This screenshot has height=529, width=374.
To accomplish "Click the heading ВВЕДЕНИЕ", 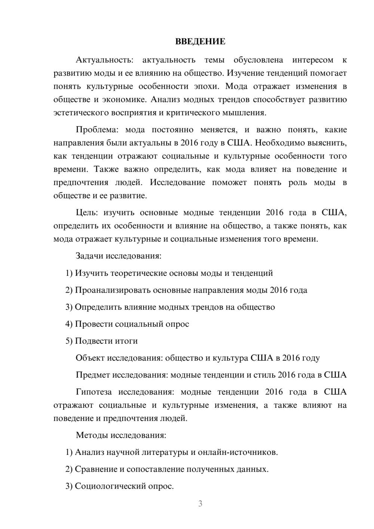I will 200,42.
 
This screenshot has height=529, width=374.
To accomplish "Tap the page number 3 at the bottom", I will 200,504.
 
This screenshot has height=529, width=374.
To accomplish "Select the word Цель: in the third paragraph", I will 87,212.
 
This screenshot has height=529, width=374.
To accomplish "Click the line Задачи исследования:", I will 118,256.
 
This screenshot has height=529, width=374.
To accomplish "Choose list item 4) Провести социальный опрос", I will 127,324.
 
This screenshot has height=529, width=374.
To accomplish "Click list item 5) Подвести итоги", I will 101,341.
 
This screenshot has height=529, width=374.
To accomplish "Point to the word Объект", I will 90,358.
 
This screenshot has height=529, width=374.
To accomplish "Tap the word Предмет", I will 93,375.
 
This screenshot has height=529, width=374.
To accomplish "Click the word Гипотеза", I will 93,392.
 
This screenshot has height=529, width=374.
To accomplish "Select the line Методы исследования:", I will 121,435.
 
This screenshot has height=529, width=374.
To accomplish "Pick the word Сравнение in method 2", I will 96,469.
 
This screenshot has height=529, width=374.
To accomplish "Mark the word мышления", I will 247,113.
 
